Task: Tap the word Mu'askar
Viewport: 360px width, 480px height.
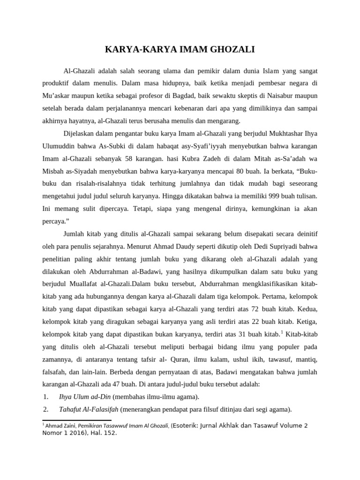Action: [x=57, y=96]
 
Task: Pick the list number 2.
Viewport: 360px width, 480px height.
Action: [x=45, y=409]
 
